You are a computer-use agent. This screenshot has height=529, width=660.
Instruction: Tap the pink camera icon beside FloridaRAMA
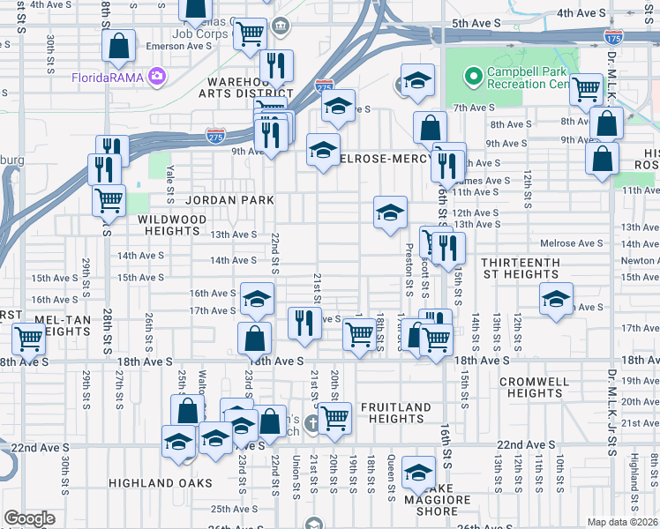pos(157,77)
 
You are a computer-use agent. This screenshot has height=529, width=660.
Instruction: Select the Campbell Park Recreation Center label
pos(530,78)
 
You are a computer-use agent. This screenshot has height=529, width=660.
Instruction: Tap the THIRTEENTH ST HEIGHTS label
pos(520,269)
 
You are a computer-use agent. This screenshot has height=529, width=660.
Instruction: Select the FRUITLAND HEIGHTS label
pos(396,414)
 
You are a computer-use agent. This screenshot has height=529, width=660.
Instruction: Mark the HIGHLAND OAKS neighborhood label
pos(160,483)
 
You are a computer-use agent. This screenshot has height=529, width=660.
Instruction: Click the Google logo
pos(29,518)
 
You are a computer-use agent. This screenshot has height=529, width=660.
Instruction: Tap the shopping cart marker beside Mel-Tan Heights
pos(29,339)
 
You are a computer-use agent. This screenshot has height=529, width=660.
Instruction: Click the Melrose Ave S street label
pos(572,243)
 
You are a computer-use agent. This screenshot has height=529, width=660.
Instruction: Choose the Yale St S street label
pos(171,180)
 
